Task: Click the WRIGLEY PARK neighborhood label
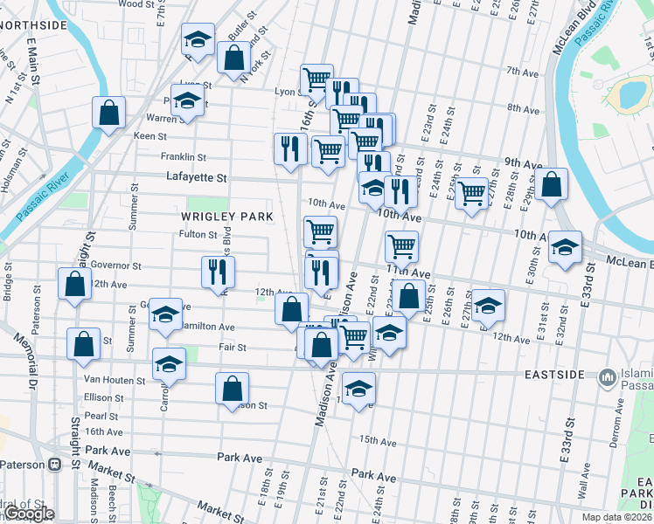point(227,216)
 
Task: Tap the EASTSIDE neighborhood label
point(553,375)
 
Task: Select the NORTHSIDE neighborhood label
point(33,25)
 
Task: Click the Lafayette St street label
point(197,177)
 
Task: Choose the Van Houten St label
point(114,380)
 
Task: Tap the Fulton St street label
point(198,234)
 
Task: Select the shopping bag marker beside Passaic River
point(108,113)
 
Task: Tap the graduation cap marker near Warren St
point(186,102)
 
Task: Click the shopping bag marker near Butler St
point(234,59)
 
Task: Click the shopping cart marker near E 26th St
point(471,192)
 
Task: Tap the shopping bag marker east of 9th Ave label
point(553,184)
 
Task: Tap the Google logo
point(28,514)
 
